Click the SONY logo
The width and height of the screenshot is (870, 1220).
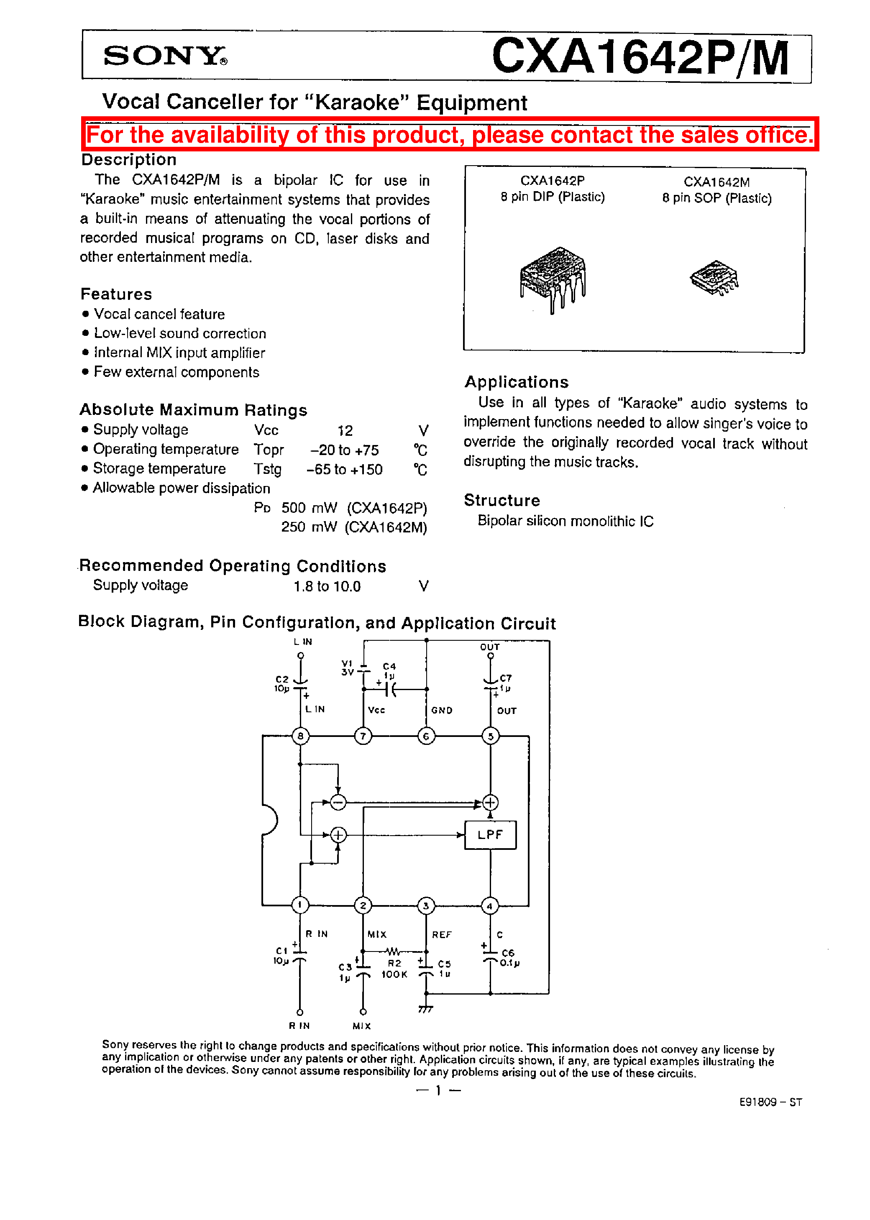tap(164, 56)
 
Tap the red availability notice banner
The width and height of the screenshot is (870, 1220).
tap(450, 134)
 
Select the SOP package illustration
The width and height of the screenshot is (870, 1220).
tap(714, 277)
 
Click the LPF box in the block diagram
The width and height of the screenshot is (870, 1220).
tap(490, 834)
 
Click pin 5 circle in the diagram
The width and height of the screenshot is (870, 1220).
tap(490, 736)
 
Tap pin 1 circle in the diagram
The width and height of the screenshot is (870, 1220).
tap(300, 905)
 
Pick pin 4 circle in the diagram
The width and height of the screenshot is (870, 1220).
tap(490, 905)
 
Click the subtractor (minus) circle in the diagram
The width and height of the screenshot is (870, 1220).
tap(338, 802)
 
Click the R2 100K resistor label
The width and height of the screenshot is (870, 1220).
tap(394, 968)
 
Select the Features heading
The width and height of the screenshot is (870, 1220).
tap(116, 294)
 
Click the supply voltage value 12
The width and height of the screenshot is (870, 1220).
tap(345, 431)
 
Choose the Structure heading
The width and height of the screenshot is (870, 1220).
tap(502, 500)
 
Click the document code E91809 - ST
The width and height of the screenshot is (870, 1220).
tap(770, 1102)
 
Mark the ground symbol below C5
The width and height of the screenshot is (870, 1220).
tap(425, 1009)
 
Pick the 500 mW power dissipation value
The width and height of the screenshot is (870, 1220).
tap(309, 508)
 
